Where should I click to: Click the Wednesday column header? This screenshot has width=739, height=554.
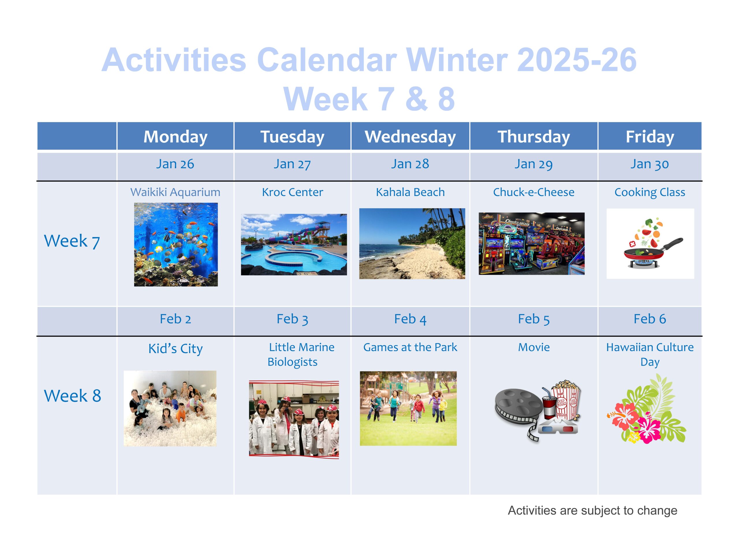point(410,136)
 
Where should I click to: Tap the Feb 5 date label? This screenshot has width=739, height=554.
point(533,319)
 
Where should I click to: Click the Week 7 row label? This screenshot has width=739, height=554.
point(72,241)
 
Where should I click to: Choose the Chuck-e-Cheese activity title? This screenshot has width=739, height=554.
point(533,192)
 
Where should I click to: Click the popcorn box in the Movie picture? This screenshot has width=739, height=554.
point(565,400)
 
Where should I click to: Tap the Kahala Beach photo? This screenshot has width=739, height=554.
point(412,244)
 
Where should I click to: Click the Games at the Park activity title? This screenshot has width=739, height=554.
point(410,347)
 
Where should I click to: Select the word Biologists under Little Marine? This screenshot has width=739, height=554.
point(292,362)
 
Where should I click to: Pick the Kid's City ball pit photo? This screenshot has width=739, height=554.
point(170,408)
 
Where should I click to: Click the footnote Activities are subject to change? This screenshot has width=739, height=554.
point(592,511)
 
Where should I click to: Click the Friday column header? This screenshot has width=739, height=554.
point(650,136)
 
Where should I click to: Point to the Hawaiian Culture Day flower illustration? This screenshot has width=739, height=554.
point(646,409)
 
